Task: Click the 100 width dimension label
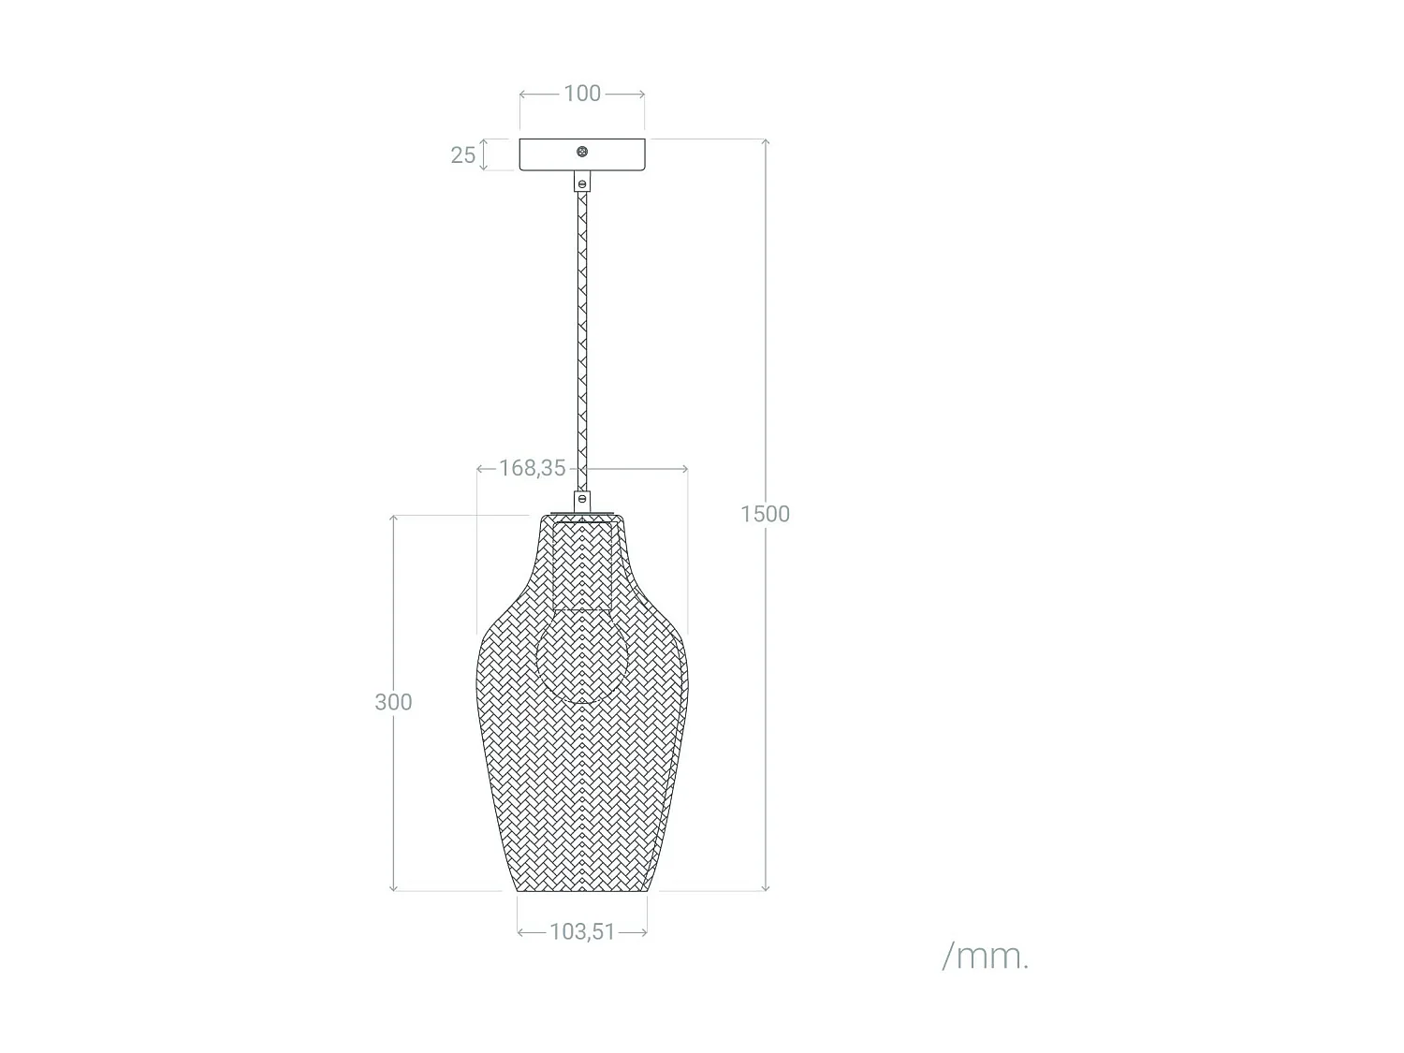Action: [582, 94]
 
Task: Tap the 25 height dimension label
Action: [462, 155]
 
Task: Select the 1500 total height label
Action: [765, 514]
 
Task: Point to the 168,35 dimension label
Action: [532, 468]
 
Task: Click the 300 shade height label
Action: [393, 702]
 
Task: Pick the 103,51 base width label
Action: [582, 931]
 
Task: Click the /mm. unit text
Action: [985, 957]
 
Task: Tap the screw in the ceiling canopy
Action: [582, 152]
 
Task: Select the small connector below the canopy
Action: [582, 182]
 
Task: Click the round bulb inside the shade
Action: [581, 655]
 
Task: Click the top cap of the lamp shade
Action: [582, 515]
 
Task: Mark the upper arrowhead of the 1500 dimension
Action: [766, 142]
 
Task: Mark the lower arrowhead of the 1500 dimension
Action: [766, 886]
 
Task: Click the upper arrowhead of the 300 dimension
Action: [393, 519]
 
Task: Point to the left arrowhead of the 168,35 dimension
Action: [480, 468]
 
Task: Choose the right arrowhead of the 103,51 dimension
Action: [644, 931]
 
